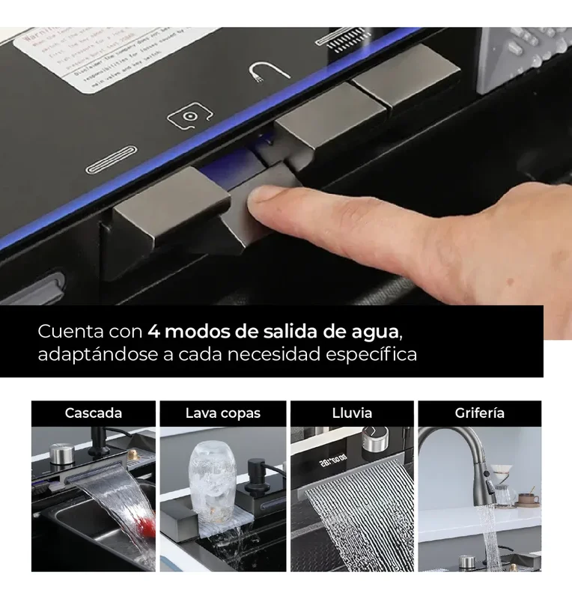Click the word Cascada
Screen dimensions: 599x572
tap(94, 413)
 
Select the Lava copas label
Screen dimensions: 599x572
tap(223, 413)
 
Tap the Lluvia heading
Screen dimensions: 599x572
tap(352, 413)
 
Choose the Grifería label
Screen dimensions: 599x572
tap(480, 413)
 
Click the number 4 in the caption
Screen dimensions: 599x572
tap(153, 330)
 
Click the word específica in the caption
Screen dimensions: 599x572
tap(371, 354)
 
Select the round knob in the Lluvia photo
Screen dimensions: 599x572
tap(372, 439)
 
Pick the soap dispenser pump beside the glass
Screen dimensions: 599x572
tap(257, 475)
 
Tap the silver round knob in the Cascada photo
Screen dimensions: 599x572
tap(61, 452)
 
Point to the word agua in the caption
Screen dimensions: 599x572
tap(383, 330)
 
